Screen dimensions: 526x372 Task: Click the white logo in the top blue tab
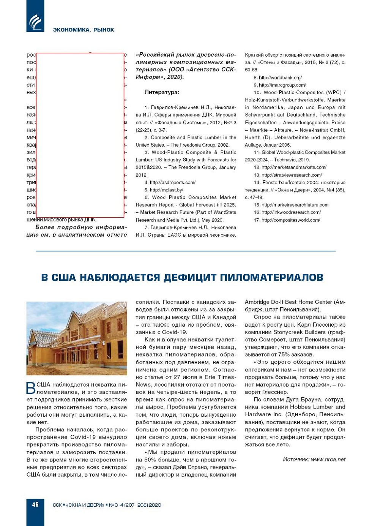[x=35, y=22]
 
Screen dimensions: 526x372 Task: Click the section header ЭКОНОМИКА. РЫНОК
[x=84, y=30]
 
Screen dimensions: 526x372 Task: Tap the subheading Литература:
[x=162, y=92]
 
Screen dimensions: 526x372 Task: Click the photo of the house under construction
[x=77, y=338]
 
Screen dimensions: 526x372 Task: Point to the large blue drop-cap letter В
[x=31, y=388]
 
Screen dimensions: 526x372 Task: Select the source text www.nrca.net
[x=328, y=459]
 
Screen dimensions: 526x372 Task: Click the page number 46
[x=35, y=504]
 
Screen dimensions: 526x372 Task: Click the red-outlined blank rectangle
[x=80, y=135]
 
